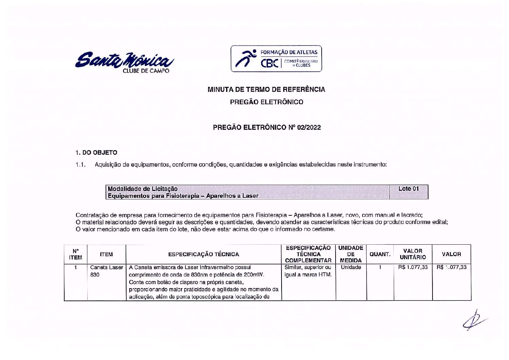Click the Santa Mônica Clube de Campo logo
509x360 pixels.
pos(124,62)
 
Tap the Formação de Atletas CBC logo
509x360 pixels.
pos(276,59)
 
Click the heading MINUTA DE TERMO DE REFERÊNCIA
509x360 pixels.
pos(266,89)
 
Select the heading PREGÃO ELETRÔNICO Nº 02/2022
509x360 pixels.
pos(267,127)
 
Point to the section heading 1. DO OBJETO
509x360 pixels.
pos(96,152)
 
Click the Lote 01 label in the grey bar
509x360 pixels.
pos(408,189)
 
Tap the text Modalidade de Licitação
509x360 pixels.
pos(142,189)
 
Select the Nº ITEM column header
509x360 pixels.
pos(75,254)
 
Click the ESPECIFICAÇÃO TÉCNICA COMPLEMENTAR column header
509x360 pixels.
pos(308,254)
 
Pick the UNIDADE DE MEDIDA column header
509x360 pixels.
pos(351,254)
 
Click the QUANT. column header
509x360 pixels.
pos(380,254)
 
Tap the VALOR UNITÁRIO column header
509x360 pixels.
pos(412,254)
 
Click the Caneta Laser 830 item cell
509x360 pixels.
pos(106,271)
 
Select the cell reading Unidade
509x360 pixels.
pos(351,267)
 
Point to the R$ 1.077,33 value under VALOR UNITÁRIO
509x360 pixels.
pos(413,267)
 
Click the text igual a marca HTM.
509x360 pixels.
pos(308,275)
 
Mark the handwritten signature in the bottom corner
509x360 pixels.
pos(475,321)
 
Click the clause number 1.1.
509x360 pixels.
pos(80,165)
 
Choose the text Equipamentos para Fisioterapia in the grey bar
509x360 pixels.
pos(153,196)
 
